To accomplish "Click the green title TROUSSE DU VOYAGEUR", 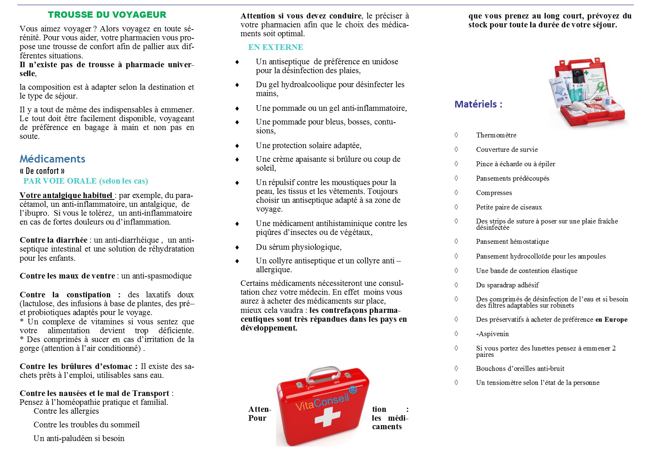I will (107, 15).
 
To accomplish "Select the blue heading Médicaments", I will (52, 159).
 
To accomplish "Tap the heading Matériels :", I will (478, 104).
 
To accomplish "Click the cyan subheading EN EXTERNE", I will (275, 47).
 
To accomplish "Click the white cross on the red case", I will (327, 418).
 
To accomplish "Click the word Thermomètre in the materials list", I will (496, 135).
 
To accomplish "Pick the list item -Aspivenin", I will (492, 334).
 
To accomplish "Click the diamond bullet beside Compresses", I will (456, 192).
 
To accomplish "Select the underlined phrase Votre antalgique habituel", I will (66, 195).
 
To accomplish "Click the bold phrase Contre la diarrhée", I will (54, 240).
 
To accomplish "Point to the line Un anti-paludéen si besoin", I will (79, 438).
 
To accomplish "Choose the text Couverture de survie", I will (507, 150).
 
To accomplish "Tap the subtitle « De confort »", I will (42, 171).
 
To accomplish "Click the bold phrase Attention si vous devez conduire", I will (301, 16).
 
